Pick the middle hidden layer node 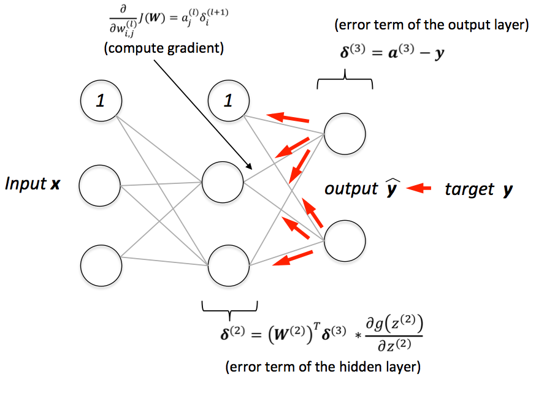[x=222, y=182]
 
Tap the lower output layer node [x=345, y=241]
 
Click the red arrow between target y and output [x=419, y=189]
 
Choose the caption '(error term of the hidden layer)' [x=323, y=367]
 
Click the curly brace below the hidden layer [x=229, y=307]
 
